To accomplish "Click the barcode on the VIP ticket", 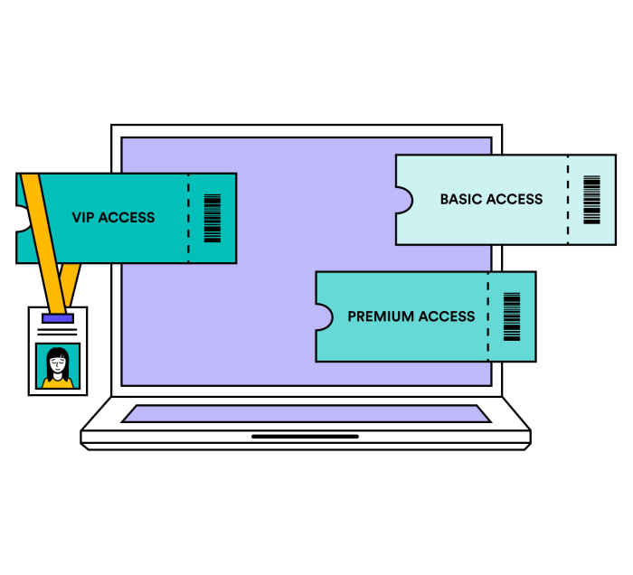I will pos(213,218).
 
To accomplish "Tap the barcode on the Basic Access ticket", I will pos(591,199).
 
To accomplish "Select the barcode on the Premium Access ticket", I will pos(512,316).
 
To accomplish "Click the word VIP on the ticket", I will pos(83,218).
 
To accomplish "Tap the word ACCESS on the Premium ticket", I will pos(446,316).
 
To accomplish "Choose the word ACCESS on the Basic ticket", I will pos(515,199).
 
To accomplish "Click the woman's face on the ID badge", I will pos(58,364).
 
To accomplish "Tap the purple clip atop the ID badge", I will pos(57,318).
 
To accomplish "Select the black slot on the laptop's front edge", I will pos(305,437).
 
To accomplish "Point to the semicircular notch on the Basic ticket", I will pos(403,200).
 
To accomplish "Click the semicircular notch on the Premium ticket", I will pos(323,317).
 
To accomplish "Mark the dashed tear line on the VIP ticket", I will pos(188,218).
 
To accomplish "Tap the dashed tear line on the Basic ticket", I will pos(568,199).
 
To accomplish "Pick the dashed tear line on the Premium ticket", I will pos(487,316).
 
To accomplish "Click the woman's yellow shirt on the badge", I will pos(58,382).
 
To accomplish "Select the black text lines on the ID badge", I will pos(57,332).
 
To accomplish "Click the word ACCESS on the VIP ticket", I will pos(127,218).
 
